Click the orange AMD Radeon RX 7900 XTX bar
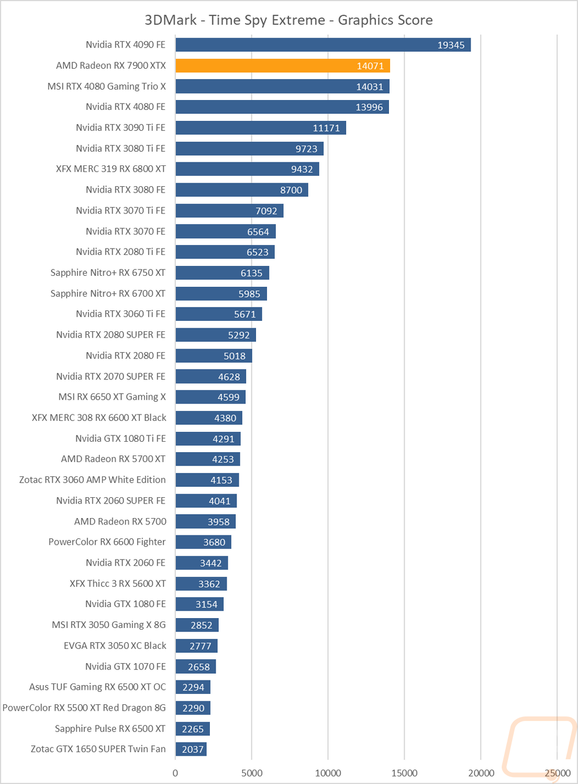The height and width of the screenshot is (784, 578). point(283,66)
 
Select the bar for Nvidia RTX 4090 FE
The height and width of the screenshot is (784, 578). point(323,45)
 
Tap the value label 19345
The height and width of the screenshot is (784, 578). point(451,45)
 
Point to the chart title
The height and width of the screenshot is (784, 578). point(288,20)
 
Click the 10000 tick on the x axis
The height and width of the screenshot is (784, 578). point(328,773)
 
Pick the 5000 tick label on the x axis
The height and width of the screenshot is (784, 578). point(251,773)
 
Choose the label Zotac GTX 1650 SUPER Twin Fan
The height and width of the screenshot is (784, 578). point(98,749)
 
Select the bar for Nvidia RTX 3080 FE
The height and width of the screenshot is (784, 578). point(242,190)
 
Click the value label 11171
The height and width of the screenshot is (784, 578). point(326,128)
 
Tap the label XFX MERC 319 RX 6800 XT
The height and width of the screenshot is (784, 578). point(111,169)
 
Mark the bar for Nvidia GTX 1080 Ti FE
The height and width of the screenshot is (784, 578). point(208,439)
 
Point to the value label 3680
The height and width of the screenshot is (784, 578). point(214,542)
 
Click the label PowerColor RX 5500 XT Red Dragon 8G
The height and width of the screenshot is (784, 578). point(84,707)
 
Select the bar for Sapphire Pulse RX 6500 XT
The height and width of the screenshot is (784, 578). point(193,728)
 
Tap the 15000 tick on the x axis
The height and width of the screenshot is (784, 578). point(404,773)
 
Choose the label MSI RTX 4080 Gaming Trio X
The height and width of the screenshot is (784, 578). point(106,86)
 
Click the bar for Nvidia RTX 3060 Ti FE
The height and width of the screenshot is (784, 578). point(218,314)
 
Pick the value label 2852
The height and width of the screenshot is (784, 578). point(201,626)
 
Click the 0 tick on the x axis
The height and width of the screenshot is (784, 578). point(175,773)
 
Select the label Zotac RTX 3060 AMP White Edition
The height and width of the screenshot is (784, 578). point(92,479)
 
